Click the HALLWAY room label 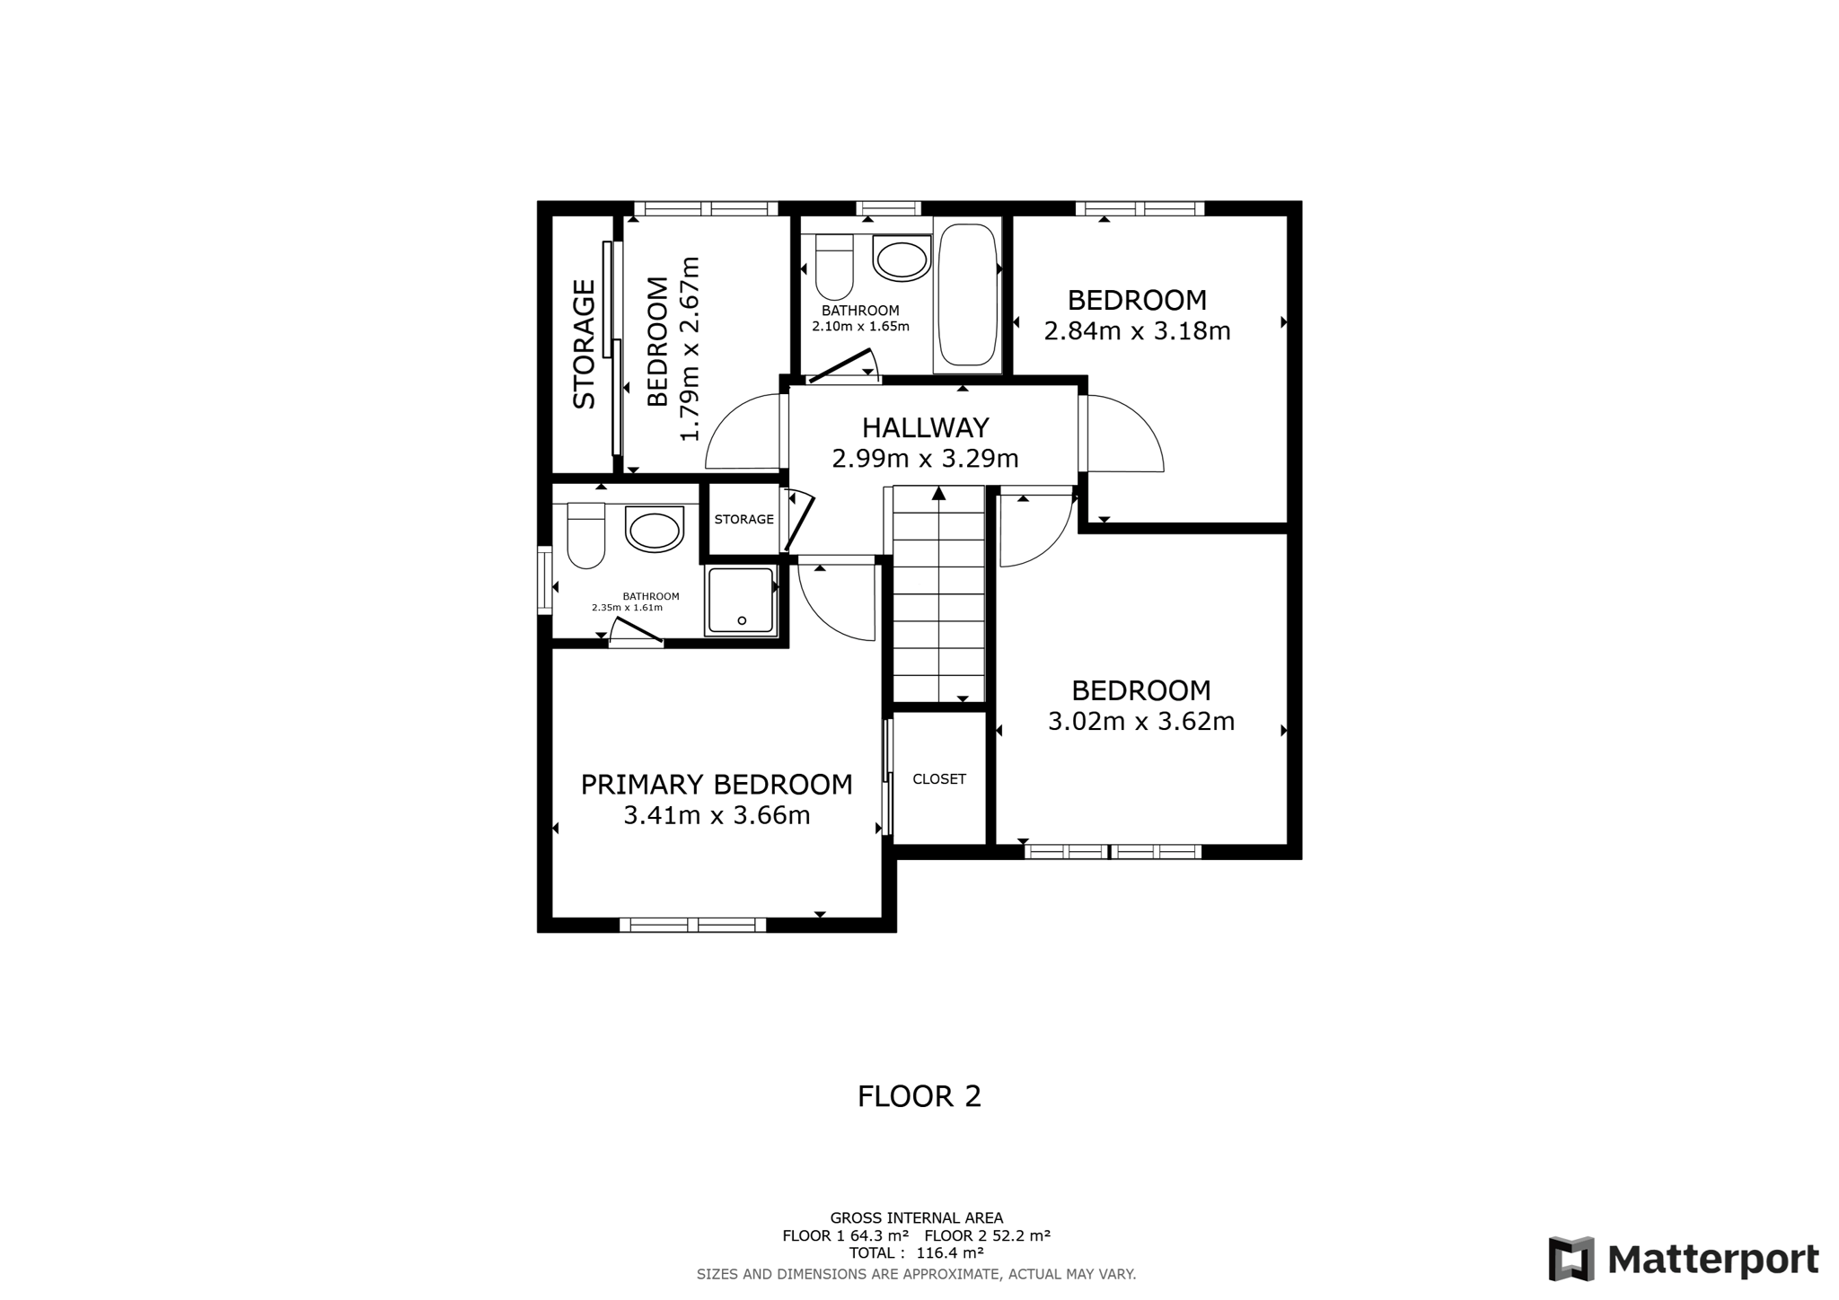(x=925, y=427)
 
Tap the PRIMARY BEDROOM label (x=717, y=785)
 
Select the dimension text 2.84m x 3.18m (x=1137, y=331)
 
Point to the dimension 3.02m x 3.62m (x=1141, y=722)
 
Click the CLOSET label (x=939, y=779)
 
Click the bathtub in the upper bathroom (x=967, y=294)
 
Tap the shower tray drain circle (x=743, y=620)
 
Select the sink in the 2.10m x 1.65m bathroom (x=902, y=259)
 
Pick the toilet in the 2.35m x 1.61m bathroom (x=586, y=537)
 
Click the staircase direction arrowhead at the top (x=939, y=493)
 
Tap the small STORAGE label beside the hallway (x=744, y=519)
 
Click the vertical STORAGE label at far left (x=585, y=345)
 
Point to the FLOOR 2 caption (x=919, y=1096)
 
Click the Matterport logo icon (x=1571, y=1259)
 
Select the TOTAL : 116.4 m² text (x=917, y=1253)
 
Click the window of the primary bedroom (x=693, y=925)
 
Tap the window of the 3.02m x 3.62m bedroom (x=1113, y=852)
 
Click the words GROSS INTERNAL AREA (x=917, y=1218)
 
